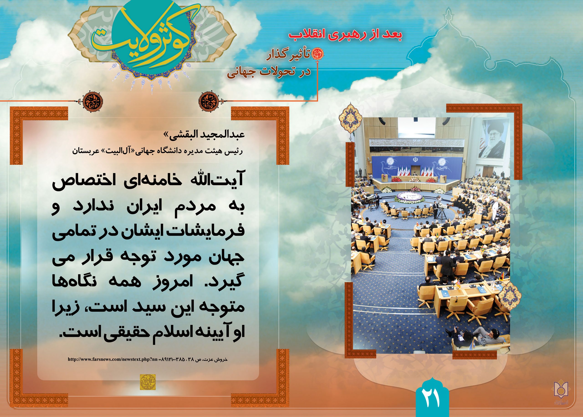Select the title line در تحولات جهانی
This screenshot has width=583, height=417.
(269, 73)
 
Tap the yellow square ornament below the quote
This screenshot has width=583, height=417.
(148, 382)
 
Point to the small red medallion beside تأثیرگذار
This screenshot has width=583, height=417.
(317, 53)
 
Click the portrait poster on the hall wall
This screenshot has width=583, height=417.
(494, 143)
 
